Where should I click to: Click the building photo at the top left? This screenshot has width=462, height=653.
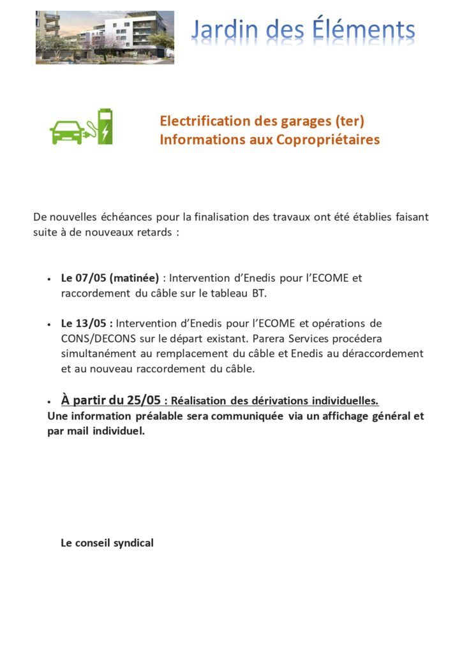click(105, 37)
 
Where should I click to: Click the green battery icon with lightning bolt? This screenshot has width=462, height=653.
click(104, 126)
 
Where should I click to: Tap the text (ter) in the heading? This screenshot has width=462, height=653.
click(350, 121)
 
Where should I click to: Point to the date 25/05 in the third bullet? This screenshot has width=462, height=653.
click(143, 400)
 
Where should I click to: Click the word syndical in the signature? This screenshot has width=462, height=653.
click(133, 543)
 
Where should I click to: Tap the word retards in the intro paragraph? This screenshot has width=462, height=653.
click(153, 232)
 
